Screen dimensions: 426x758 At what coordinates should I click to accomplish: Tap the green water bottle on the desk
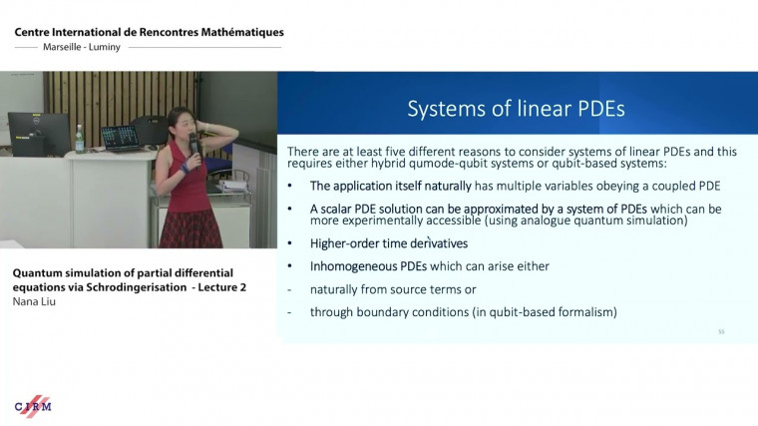79,139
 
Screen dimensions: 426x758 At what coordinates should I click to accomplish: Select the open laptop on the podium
119,138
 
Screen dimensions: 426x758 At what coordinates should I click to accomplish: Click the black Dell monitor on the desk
38,133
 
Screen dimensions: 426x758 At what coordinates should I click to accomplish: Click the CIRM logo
33,405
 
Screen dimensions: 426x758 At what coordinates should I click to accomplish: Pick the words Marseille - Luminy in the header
82,47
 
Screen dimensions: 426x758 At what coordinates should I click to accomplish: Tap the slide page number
720,332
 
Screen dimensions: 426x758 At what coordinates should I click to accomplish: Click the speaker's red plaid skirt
189,227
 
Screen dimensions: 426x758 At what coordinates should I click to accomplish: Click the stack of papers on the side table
234,186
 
